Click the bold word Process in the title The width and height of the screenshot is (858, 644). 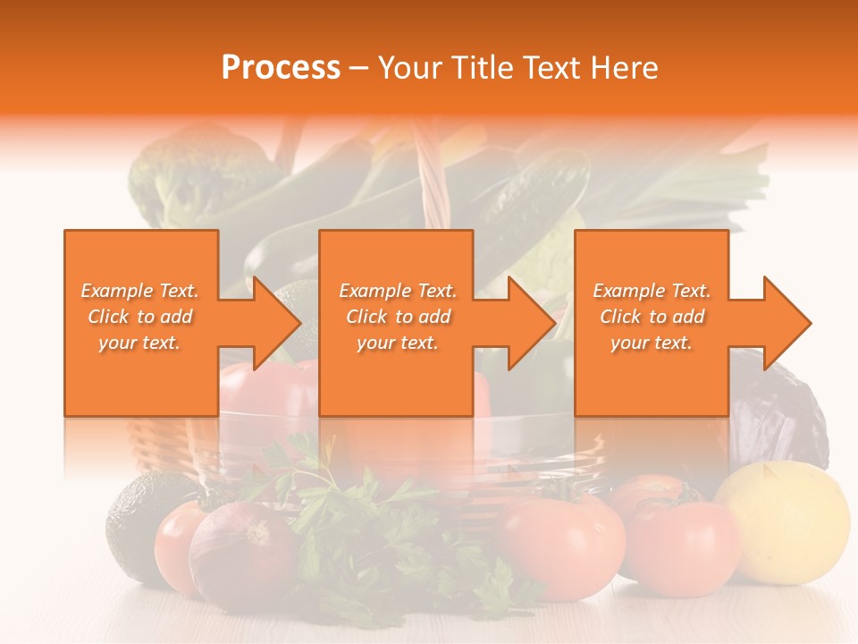(281, 67)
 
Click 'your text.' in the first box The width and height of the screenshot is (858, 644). (139, 342)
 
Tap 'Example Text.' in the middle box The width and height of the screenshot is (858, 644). (398, 291)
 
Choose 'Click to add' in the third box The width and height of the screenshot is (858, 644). (652, 317)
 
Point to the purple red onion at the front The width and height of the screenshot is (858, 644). (240, 553)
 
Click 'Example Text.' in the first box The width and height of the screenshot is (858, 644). (139, 291)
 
